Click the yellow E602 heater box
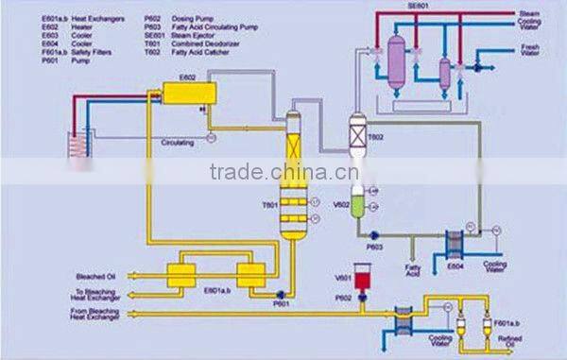187,93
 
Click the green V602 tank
356,206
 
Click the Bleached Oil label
96,277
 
